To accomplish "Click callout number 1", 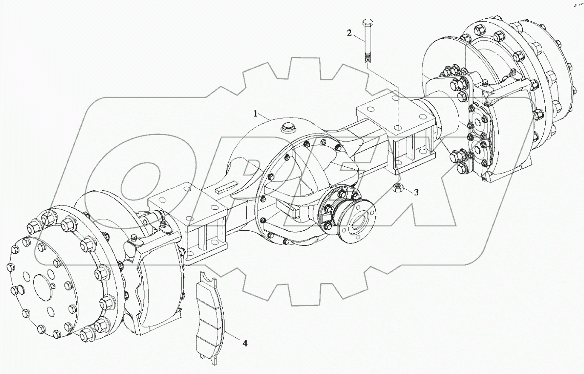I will click(x=256, y=113).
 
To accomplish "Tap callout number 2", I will click(x=349, y=33).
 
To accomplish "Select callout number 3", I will click(x=417, y=192).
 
